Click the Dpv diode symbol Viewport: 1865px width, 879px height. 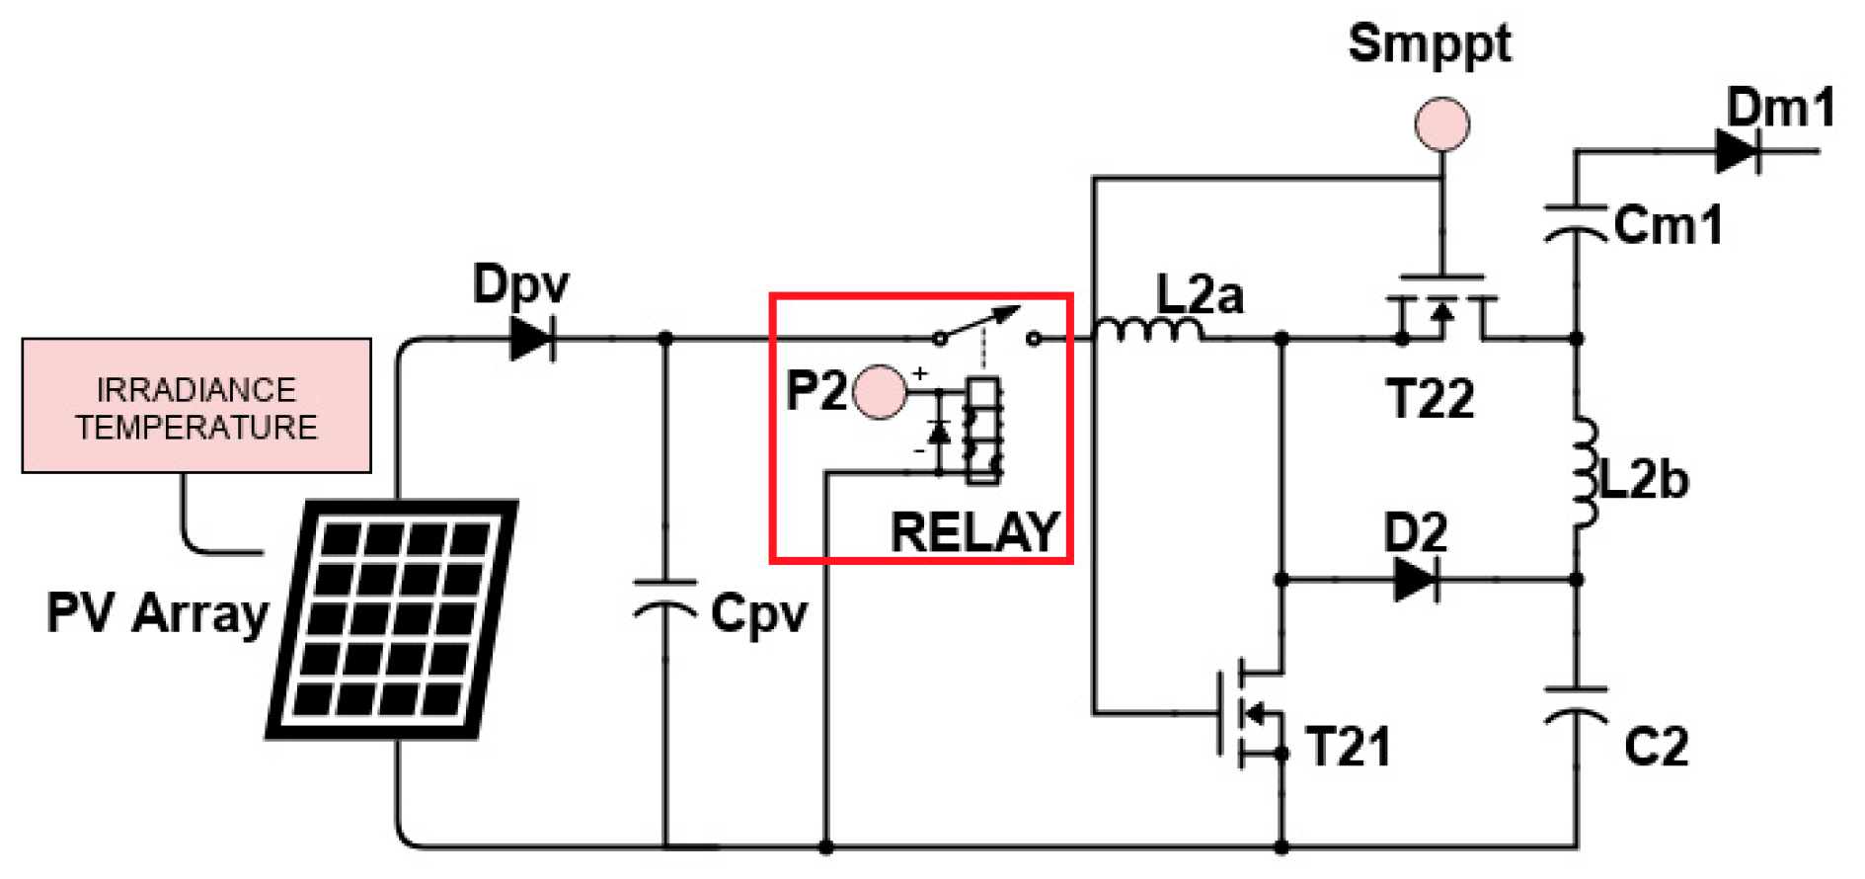tap(533, 339)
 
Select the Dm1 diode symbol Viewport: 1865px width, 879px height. tap(1739, 151)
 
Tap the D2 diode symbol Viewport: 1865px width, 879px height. tap(1416, 579)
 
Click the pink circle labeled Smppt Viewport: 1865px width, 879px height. tap(1442, 124)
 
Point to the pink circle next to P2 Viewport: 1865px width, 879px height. tap(879, 392)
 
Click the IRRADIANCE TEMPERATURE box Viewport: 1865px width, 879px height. tap(196, 406)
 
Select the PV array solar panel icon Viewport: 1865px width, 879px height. tap(392, 619)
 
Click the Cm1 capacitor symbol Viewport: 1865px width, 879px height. tap(1576, 223)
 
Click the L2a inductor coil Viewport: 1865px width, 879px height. tap(1148, 330)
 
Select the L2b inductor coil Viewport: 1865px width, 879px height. tap(1584, 472)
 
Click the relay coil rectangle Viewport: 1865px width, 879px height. tap(983, 430)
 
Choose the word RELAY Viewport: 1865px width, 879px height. tap(975, 532)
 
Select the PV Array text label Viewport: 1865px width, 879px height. tap(158, 613)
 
